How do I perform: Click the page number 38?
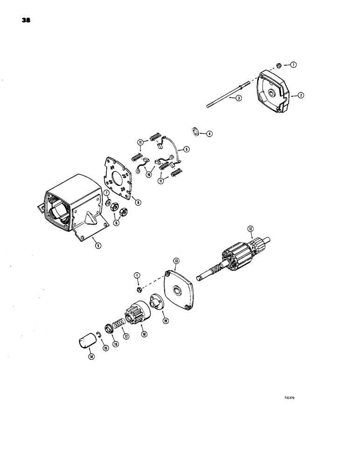(x=25, y=21)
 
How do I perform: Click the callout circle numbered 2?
(x=301, y=95)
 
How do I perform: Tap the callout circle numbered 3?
(x=238, y=98)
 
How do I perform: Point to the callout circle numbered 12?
(x=250, y=229)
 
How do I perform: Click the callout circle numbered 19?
(x=165, y=321)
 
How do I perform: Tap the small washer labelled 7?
(x=107, y=203)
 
